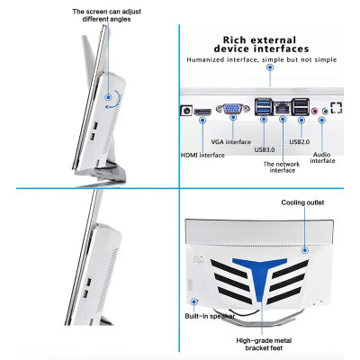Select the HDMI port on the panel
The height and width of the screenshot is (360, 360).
coord(203,112)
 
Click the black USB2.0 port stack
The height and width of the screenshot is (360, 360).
coord(300,107)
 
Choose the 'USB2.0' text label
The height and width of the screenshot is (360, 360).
coord(301,141)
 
